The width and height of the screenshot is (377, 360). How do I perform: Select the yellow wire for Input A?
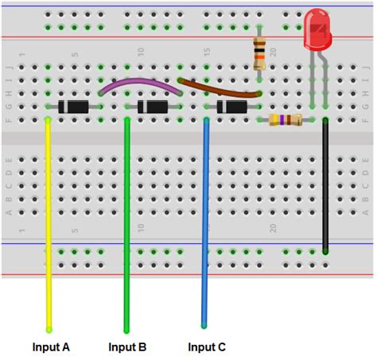click(x=49, y=223)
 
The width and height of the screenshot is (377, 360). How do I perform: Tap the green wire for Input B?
click(x=126, y=223)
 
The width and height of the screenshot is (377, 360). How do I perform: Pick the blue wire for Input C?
click(x=205, y=223)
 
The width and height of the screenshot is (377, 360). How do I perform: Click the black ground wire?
click(x=325, y=183)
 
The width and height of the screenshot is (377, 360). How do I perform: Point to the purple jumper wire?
click(x=139, y=83)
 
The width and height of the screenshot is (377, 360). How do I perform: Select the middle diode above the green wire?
click(x=153, y=106)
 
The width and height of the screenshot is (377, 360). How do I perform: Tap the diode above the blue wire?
click(x=232, y=106)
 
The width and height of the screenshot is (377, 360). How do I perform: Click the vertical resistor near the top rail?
click(x=259, y=52)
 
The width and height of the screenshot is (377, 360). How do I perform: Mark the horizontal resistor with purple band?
click(x=285, y=120)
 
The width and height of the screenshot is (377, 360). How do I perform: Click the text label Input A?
click(x=51, y=347)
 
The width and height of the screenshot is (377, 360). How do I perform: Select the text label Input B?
click(x=127, y=347)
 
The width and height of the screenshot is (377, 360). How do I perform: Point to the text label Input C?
click(x=207, y=347)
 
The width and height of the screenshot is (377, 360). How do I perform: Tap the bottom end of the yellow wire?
click(x=49, y=328)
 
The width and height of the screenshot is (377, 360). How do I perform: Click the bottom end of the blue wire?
click(x=204, y=325)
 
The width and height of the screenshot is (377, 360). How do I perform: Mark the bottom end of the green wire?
click(x=126, y=329)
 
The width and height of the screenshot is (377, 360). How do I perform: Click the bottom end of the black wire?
click(x=325, y=250)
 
